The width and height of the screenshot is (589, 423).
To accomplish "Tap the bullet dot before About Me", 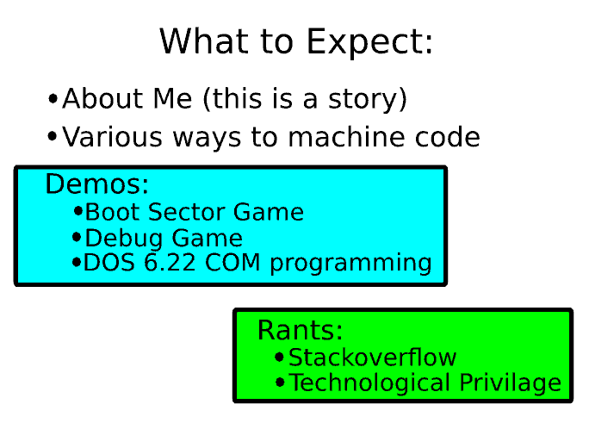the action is pos(53,99).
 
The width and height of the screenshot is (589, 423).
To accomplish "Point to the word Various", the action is pos(112,137).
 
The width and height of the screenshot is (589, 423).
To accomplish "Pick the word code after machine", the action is pos(448,137).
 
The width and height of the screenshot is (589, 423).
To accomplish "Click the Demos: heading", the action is pos(97,184).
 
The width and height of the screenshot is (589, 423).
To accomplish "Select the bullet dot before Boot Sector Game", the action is pos(77,211).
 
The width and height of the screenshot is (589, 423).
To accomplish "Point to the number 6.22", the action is pos(170,262).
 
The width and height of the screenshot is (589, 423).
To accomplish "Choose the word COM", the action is pos(232,262).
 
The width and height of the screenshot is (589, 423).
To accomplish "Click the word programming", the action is pos(350,264).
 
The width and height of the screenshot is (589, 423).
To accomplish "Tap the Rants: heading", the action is pos(301,330).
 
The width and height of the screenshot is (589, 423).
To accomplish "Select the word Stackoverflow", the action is pos(372,358).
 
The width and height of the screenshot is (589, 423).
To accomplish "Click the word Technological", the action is pos(369,383).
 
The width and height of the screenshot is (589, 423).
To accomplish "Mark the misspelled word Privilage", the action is pos(510,383).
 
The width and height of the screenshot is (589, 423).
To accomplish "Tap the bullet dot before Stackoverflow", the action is pos(279,357).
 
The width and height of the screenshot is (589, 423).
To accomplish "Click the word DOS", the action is pos(109,262).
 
